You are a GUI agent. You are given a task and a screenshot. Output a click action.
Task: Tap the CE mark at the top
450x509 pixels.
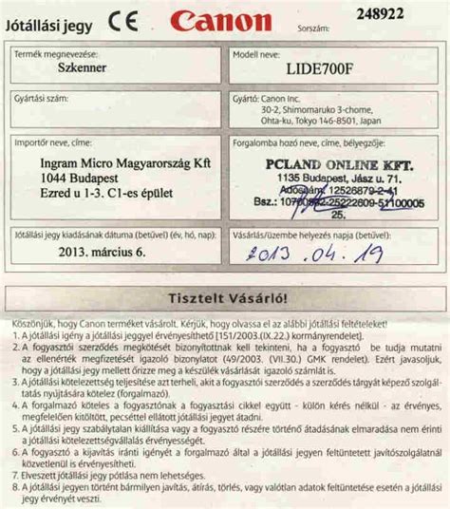124,18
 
